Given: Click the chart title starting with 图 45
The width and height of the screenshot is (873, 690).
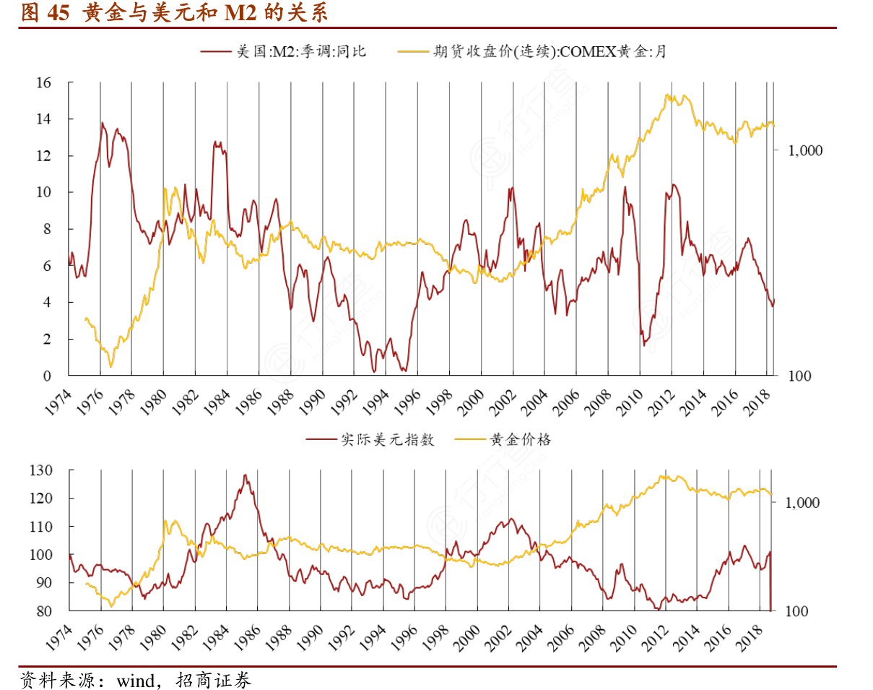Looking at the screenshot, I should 173,12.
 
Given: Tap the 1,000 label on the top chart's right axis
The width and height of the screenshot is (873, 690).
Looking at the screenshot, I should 800,150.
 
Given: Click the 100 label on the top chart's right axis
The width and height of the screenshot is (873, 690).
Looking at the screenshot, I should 794,376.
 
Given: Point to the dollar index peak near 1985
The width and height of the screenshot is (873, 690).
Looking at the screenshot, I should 246,475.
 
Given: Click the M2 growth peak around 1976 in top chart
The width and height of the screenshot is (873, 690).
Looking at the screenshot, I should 102,123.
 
